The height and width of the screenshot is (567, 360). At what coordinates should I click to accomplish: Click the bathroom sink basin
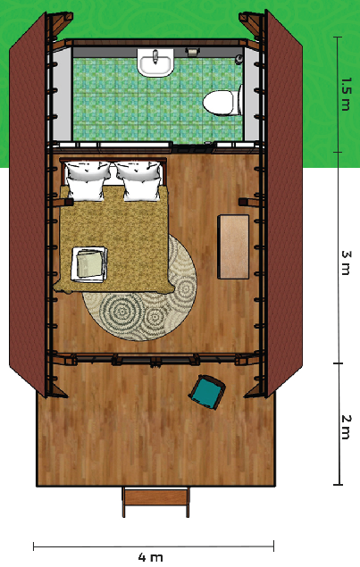coord(155,63)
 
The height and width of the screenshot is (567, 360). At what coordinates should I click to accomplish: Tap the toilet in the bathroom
coord(222,102)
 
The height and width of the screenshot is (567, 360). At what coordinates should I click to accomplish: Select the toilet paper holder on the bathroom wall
coord(192,52)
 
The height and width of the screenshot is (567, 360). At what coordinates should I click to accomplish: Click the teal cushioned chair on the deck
coord(207,392)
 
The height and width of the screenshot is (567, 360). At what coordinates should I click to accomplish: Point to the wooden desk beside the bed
coord(233,246)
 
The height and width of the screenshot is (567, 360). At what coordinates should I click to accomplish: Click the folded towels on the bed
coord(89,263)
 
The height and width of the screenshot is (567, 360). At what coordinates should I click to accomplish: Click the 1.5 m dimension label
coord(346,94)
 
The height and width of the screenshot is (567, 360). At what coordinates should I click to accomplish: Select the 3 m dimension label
coord(347,263)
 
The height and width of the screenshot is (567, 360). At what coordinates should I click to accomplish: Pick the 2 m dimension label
coord(346,427)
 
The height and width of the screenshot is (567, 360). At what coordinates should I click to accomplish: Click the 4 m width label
coord(150,557)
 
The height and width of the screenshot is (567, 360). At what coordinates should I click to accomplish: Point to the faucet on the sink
coord(155,56)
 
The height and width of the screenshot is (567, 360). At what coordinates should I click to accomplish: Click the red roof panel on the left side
coord(28,205)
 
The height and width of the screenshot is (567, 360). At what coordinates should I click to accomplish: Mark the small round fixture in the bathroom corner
coord(239,59)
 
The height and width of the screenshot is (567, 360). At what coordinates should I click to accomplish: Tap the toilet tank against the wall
coord(240,100)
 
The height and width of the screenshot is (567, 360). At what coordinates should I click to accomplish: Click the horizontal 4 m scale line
coord(154,546)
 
